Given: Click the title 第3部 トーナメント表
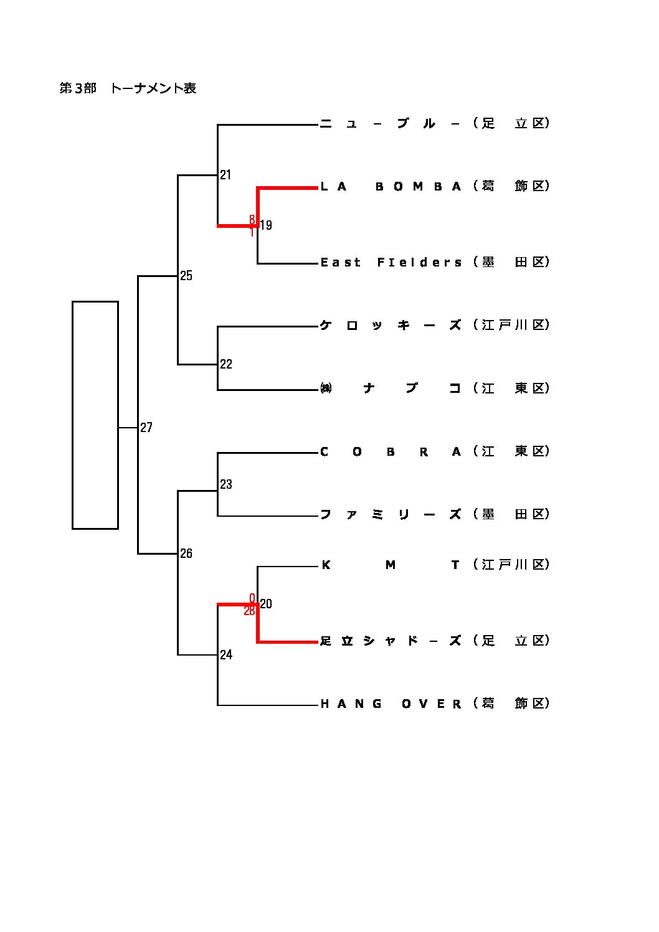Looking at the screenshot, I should click(x=128, y=88).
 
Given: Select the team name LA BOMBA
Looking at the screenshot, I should click(x=391, y=187).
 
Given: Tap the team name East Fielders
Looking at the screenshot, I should click(x=391, y=263).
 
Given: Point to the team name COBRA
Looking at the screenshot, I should click(x=391, y=452).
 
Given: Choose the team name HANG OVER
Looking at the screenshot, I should click(x=391, y=704).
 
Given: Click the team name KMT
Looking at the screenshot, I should click(x=391, y=565).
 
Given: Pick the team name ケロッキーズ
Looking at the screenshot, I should click(x=391, y=326).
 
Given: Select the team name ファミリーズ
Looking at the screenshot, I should click(x=391, y=515).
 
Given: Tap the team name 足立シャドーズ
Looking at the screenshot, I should click(x=391, y=641).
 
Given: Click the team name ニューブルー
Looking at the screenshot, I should click(x=391, y=124).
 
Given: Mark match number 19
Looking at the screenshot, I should click(x=266, y=225).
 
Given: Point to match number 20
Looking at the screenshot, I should click(x=266, y=604).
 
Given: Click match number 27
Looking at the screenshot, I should click(x=146, y=428).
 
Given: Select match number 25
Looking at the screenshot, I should click(x=186, y=276).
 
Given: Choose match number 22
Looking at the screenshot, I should click(x=226, y=364).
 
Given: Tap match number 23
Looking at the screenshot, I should click(x=226, y=484).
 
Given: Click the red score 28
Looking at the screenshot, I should click(x=249, y=611).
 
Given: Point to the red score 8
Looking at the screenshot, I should click(x=252, y=219).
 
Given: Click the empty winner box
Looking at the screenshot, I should click(x=95, y=415).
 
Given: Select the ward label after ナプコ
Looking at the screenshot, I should click(x=511, y=388).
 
